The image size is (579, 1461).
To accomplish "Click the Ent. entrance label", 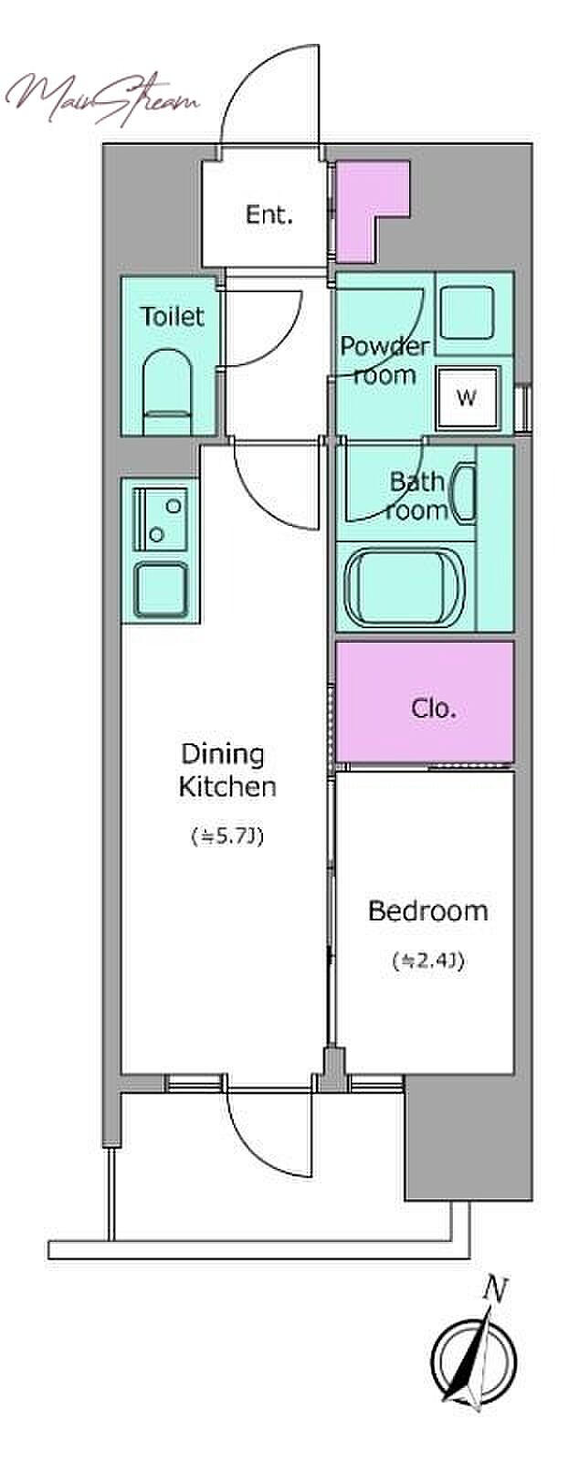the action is click(268, 215).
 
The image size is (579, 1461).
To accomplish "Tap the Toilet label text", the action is click(172, 317).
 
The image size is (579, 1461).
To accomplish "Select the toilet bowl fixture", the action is click(167, 393).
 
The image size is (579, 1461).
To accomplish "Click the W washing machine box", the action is click(467, 396).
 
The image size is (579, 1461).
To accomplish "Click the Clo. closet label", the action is click(434, 708).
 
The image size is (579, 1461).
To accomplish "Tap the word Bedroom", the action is click(427, 910).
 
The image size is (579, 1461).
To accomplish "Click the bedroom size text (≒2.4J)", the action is click(428, 960).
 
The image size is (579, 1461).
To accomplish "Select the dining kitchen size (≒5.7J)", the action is click(227, 836).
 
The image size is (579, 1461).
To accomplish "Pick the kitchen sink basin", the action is click(161, 590).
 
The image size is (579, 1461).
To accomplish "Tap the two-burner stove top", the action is click(160, 520).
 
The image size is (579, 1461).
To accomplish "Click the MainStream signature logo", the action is click(102, 100).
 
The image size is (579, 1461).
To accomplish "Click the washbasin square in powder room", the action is click(466, 314).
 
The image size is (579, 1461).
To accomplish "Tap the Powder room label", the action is click(385, 360).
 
